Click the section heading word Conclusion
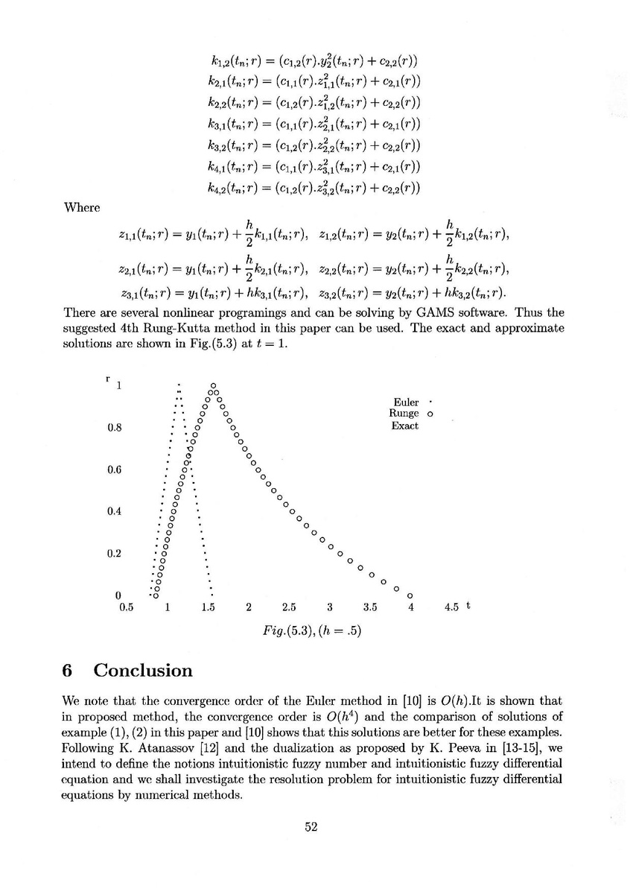142,670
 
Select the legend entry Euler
406,402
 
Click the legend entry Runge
404,414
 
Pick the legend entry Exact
404,426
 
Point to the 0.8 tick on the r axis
114,428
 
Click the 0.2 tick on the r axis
114,554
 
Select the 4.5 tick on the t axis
451,607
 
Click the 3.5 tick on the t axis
370,607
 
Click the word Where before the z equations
81,207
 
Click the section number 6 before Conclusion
66,670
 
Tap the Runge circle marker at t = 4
410,595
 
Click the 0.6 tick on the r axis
114,469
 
